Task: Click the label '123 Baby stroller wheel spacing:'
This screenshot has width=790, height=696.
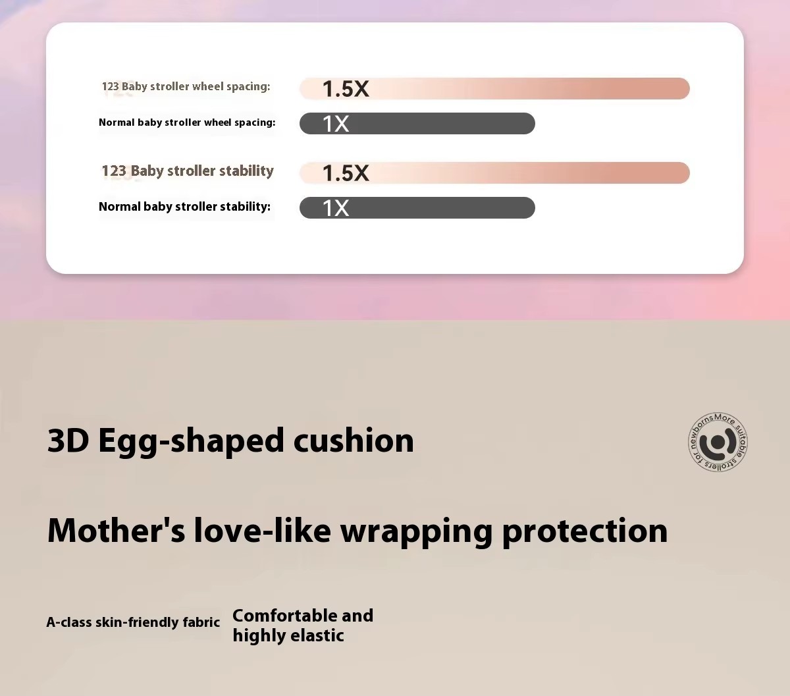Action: (186, 87)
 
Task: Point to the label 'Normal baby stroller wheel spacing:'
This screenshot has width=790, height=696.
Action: (187, 122)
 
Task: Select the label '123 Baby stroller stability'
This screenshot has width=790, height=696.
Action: (188, 171)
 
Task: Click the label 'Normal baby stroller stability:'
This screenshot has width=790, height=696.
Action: (184, 207)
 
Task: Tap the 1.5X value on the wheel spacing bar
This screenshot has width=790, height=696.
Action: (346, 89)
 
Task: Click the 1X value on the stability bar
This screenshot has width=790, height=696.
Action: (336, 208)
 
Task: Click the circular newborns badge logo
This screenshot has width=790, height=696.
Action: (718, 442)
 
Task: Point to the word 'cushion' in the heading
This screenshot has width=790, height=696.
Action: (354, 441)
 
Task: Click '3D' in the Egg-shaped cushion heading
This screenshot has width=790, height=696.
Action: (68, 441)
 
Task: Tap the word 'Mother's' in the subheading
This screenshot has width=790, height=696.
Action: (116, 530)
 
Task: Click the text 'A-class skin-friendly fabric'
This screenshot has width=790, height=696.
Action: (133, 622)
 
